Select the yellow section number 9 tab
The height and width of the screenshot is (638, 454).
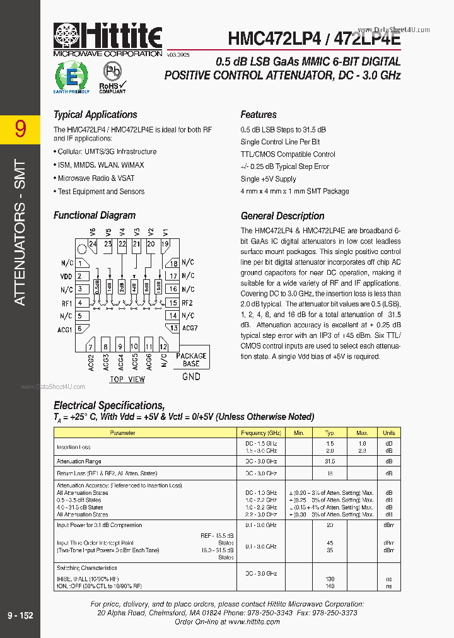(20, 129)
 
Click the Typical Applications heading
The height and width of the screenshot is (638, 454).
(95, 115)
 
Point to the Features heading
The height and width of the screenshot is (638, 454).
(259, 115)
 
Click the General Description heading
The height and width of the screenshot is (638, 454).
(282, 216)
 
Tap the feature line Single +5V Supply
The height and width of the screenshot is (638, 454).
(268, 179)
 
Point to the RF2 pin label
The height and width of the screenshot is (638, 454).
(187, 303)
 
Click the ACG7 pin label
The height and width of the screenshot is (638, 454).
(190, 328)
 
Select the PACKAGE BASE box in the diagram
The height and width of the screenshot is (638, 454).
(191, 359)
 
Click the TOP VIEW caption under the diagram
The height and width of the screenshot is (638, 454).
(127, 380)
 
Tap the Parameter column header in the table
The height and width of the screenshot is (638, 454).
(122, 433)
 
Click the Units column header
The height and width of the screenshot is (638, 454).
(389, 433)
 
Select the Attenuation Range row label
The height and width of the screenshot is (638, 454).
(79, 461)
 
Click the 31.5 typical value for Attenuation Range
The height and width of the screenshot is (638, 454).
(329, 461)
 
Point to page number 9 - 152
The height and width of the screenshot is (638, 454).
(20, 615)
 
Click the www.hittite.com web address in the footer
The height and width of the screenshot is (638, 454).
(253, 622)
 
